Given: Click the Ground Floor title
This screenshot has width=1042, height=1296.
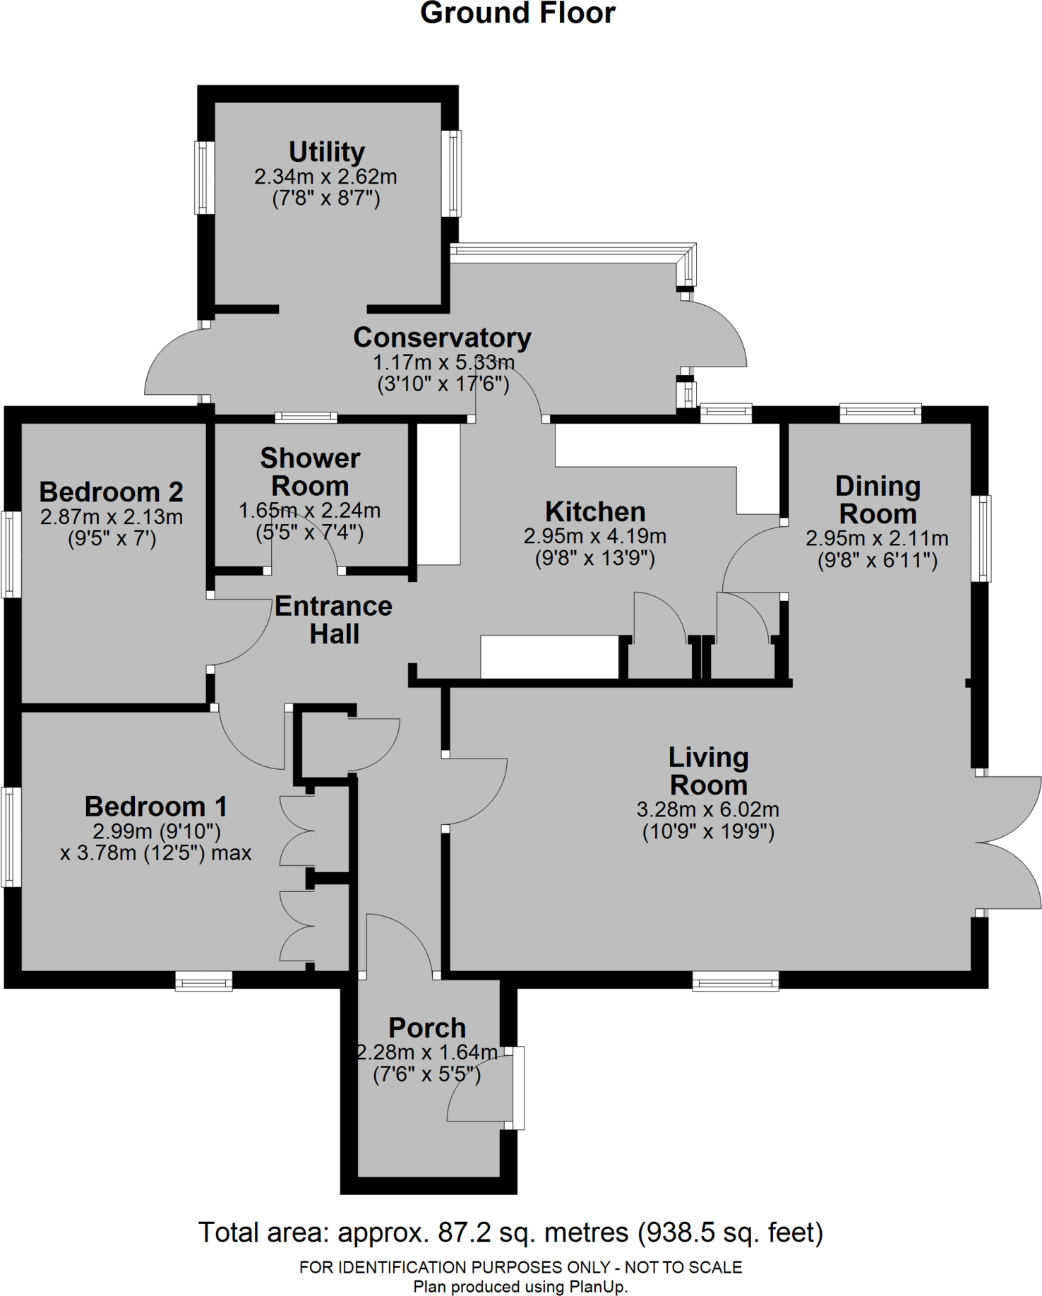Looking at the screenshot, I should point(517,13).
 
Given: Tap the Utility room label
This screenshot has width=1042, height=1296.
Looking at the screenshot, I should point(326,152).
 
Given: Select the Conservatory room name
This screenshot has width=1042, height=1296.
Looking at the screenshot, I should point(442,338).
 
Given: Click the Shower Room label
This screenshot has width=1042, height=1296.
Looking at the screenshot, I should point(310,472).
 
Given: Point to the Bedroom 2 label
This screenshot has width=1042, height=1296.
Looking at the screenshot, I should point(111,492).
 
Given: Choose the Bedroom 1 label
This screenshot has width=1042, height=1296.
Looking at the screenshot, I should point(155,806).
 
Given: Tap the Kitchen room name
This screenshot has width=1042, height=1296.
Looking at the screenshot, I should point(595,511).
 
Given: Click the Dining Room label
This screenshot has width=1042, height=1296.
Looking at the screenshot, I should point(878,499).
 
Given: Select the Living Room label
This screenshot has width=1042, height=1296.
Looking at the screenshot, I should point(708,771).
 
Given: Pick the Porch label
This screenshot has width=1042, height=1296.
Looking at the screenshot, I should point(427,1027).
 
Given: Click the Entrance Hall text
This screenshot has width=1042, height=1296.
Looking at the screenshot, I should point(333,620).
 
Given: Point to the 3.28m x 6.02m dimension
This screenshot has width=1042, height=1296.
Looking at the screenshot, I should point(708,809).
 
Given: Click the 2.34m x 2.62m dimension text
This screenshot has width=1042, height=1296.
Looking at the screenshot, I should point(325,177).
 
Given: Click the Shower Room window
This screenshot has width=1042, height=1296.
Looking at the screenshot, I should point(306,417).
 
